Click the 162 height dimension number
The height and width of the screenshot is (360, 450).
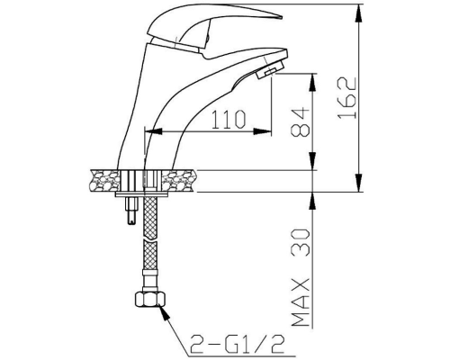[347, 98]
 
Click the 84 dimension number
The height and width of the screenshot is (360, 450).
[301, 121]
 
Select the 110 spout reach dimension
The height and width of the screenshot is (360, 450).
[229, 119]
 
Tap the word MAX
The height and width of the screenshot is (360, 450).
[301, 302]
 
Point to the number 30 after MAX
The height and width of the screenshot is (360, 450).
[301, 242]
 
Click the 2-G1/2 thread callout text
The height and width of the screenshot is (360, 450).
[237, 343]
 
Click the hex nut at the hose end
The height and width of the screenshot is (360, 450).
[149, 300]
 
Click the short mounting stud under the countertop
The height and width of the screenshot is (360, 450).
[132, 211]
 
